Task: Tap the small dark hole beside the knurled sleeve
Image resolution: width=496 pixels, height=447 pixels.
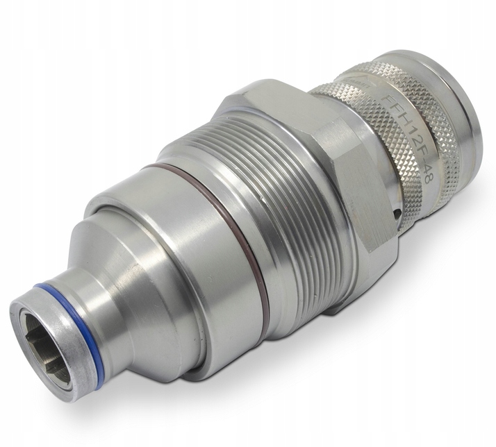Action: [397, 212]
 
